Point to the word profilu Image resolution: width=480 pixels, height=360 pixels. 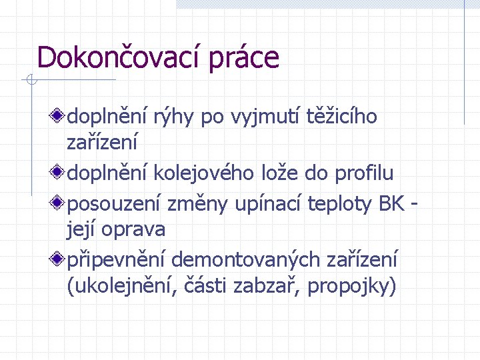click(363, 174)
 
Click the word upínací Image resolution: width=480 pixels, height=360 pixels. click(270, 203)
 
